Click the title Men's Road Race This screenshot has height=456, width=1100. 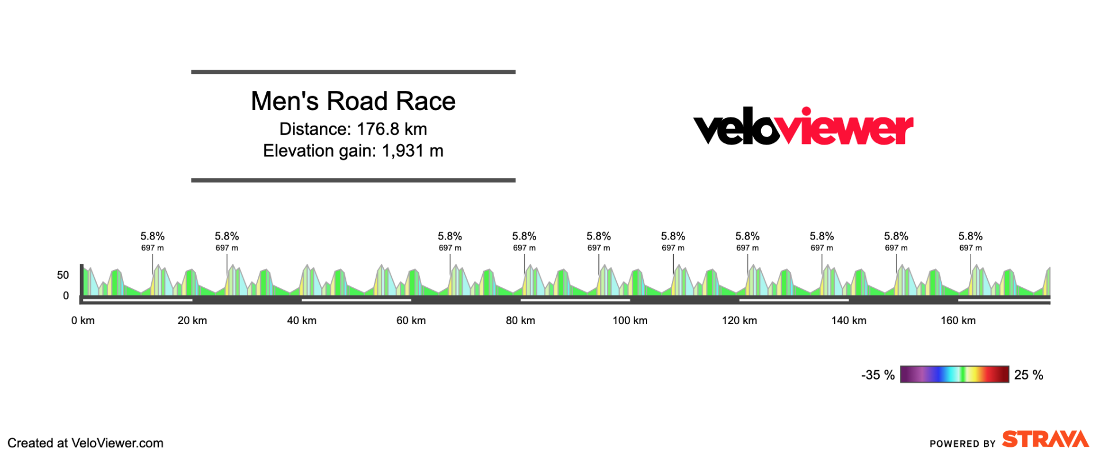[353, 101]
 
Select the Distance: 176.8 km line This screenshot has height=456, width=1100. [353, 129]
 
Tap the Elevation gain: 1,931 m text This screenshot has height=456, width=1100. [353, 151]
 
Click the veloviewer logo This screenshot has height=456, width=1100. [803, 127]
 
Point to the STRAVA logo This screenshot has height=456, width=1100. [1045, 439]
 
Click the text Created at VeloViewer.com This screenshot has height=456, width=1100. [85, 443]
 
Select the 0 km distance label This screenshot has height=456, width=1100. [83, 321]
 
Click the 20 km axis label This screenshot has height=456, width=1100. [192, 321]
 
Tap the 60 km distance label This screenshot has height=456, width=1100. [411, 321]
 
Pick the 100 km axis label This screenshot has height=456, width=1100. [630, 321]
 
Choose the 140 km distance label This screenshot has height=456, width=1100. [849, 321]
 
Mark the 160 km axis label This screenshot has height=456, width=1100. [958, 321]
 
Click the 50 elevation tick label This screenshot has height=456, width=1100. [63, 275]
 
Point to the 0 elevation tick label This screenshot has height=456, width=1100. [66, 296]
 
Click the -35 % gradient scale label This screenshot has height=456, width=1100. [877, 375]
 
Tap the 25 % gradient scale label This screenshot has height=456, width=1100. [1029, 375]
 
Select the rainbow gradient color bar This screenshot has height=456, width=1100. [954, 374]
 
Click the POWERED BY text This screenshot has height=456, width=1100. [962, 443]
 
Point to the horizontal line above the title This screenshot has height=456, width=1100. [353, 73]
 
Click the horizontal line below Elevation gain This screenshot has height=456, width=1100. [353, 180]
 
